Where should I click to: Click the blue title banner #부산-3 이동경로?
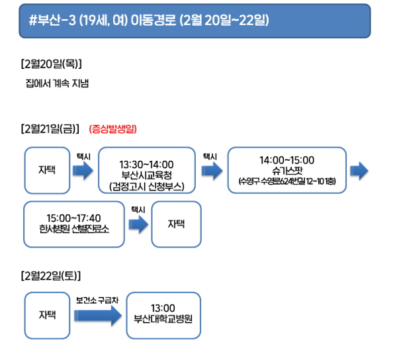(x=195, y=21)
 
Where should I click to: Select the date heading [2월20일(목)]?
(x=52, y=64)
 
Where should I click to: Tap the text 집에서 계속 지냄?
(x=57, y=83)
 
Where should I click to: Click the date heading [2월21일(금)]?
(x=50, y=129)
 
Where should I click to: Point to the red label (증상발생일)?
(x=113, y=129)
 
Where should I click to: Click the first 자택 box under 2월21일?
(x=47, y=170)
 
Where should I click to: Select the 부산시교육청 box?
(x=147, y=170)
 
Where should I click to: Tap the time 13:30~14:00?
(x=147, y=165)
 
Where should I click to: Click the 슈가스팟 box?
(x=287, y=170)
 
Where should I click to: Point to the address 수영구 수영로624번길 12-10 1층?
(x=287, y=181)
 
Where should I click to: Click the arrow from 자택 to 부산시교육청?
(x=83, y=171)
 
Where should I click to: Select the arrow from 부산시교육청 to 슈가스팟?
(x=212, y=171)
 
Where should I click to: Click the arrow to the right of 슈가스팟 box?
(x=359, y=171)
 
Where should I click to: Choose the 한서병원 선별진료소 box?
(x=74, y=224)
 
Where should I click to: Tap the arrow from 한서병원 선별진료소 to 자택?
(x=138, y=224)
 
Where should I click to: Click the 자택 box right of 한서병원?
(x=176, y=224)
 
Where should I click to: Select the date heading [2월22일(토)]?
(x=51, y=276)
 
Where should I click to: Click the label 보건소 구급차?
(x=97, y=300)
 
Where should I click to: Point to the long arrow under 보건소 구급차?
(x=98, y=316)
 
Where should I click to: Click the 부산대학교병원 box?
(x=163, y=316)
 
